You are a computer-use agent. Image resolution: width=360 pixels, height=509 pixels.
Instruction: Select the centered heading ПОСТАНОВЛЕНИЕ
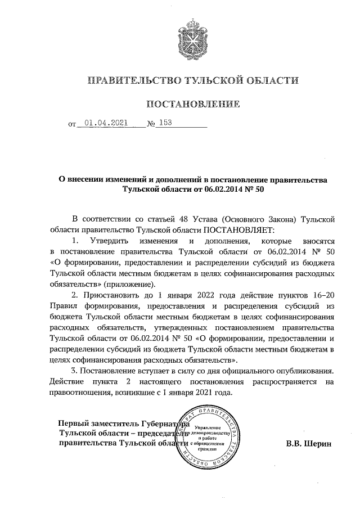tap(193, 104)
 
